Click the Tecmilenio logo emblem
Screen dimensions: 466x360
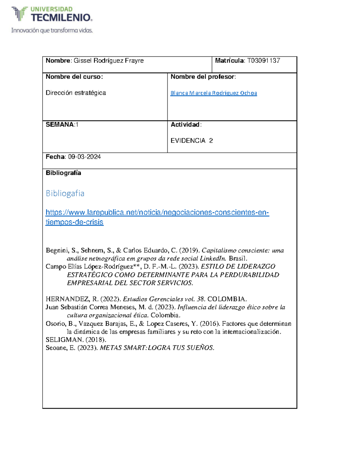[x=19, y=14]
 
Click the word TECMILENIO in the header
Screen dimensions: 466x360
[x=61, y=18]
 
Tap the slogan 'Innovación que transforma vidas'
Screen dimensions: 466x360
[x=52, y=30]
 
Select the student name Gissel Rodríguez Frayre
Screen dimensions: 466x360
[x=109, y=61]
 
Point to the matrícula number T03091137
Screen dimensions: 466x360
[x=263, y=61]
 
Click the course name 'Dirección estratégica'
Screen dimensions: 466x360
[x=76, y=93]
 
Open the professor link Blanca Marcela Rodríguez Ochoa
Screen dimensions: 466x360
[x=214, y=93]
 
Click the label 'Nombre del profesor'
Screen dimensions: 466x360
[x=203, y=77]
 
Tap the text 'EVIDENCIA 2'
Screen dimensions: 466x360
[x=192, y=141]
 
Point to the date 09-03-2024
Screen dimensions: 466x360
[x=84, y=157]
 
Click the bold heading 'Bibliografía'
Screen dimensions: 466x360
[x=63, y=173]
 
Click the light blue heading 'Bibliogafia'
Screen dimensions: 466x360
[x=65, y=193]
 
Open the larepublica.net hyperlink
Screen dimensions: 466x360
[x=157, y=213]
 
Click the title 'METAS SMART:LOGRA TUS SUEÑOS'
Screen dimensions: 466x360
[x=157, y=348]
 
